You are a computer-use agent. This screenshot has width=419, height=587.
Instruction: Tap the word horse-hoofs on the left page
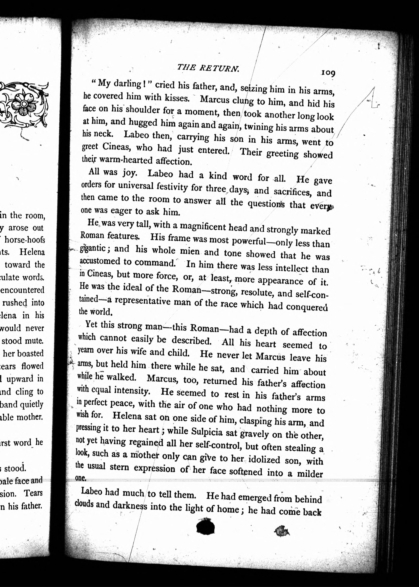(x=25, y=240)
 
